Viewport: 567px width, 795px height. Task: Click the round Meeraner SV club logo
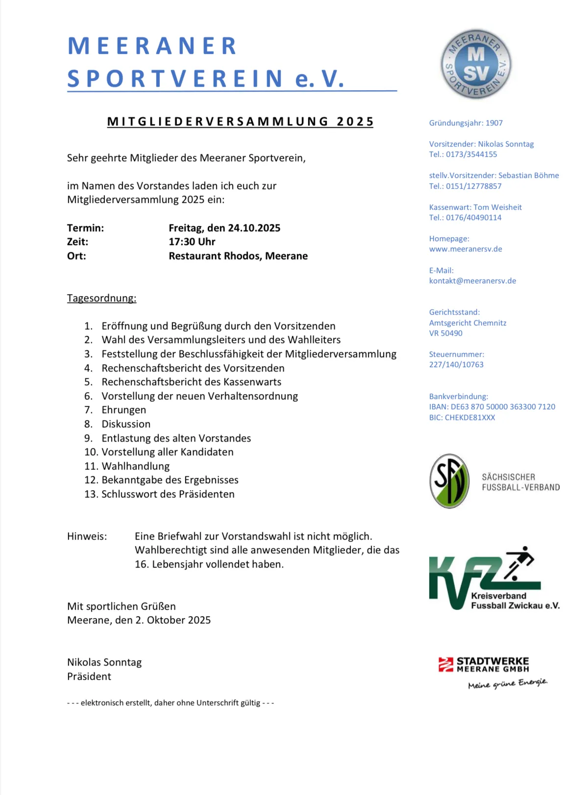click(476, 64)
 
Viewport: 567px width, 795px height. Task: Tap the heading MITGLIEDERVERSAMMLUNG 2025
click(240, 122)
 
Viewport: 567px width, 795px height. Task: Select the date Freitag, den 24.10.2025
click(224, 228)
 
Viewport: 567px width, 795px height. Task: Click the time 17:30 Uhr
click(192, 242)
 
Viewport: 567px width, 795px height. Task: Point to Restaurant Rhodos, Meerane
click(238, 256)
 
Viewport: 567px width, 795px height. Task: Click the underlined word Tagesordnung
click(101, 298)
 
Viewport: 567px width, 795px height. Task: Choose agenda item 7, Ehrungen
click(123, 410)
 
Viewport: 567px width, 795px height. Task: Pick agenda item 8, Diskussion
click(126, 424)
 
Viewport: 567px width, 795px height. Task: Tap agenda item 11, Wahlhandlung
click(135, 466)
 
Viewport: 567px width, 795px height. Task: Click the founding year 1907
click(494, 123)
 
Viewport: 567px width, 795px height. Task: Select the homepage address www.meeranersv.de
click(466, 249)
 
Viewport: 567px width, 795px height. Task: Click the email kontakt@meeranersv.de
click(472, 281)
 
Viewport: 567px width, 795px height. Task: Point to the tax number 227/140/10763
click(456, 365)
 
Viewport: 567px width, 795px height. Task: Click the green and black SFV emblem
click(449, 481)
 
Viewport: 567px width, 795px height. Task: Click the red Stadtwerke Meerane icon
click(445, 664)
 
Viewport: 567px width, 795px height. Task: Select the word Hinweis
click(87, 536)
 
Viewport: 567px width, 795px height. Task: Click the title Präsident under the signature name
click(89, 676)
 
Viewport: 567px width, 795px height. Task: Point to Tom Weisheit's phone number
click(473, 218)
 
